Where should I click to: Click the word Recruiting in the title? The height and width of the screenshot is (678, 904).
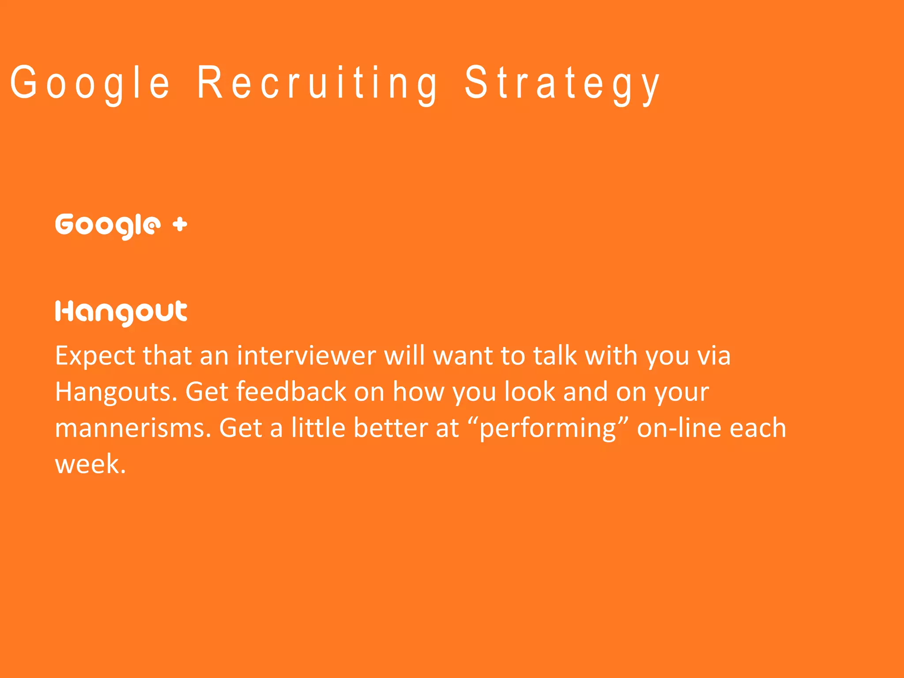[317, 83]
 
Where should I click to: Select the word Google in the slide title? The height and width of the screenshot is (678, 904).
[90, 83]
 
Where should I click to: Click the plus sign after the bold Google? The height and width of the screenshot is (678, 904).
[180, 225]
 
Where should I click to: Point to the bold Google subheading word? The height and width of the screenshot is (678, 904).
[105, 226]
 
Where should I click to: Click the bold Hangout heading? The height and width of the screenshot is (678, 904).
[121, 313]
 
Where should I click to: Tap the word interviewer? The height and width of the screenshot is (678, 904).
[306, 356]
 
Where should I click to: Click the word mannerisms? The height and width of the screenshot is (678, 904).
[133, 428]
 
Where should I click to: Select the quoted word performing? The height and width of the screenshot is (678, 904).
[547, 428]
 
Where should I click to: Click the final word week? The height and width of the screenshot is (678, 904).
[90, 464]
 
